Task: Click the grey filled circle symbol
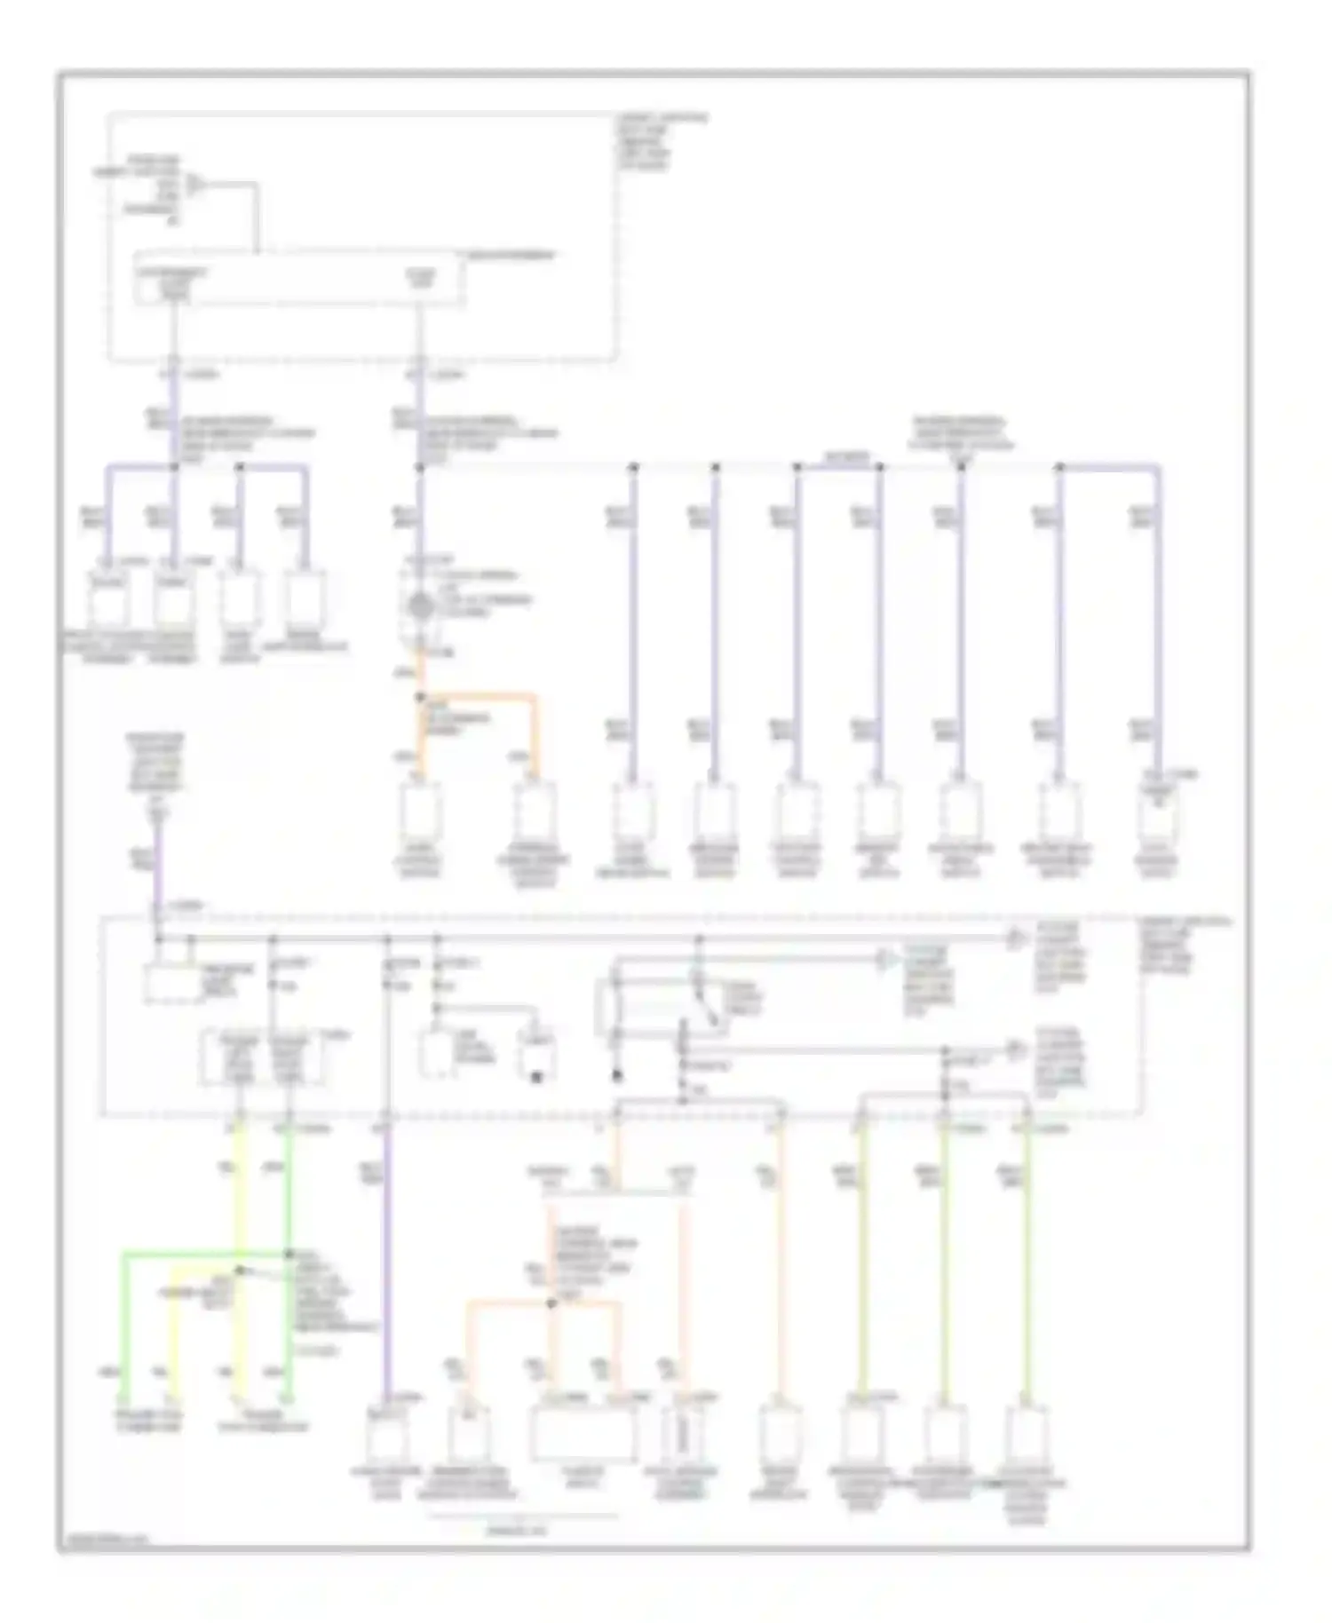[419, 609]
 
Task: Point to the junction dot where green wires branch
[289, 1255]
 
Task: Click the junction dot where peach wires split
[551, 1302]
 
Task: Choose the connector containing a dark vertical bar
[685, 1431]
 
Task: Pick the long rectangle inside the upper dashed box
[298, 281]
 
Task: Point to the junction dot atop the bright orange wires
[420, 698]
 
